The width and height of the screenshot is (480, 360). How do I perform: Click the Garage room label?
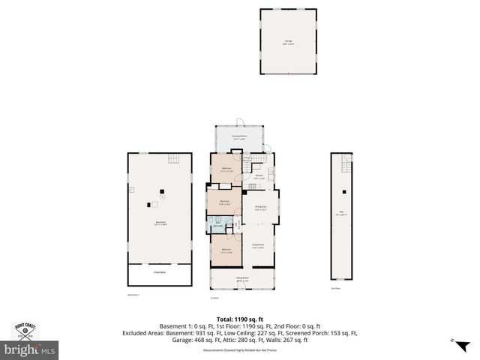tap(288, 43)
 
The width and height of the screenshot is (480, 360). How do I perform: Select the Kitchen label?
tap(258, 178)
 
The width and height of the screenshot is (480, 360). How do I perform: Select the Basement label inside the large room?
tap(160, 222)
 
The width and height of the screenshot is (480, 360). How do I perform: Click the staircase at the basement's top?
tap(174, 158)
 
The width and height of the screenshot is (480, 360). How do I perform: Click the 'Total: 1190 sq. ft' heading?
tap(240, 319)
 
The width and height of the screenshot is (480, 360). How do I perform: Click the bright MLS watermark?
tap(30, 350)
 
